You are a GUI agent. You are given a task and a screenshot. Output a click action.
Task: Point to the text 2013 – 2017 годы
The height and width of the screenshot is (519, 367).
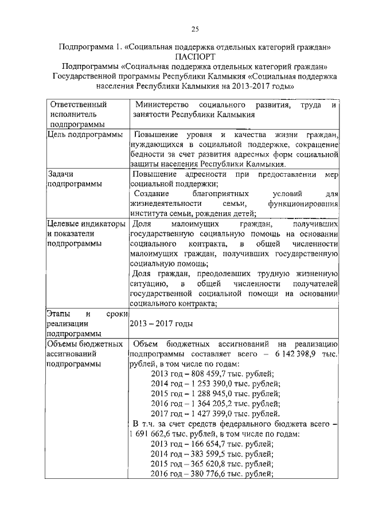(161, 323)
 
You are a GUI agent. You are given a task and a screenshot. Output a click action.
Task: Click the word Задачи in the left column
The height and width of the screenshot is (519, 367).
(63, 174)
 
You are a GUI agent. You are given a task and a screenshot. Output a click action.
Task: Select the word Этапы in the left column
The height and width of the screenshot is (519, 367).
(59, 314)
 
